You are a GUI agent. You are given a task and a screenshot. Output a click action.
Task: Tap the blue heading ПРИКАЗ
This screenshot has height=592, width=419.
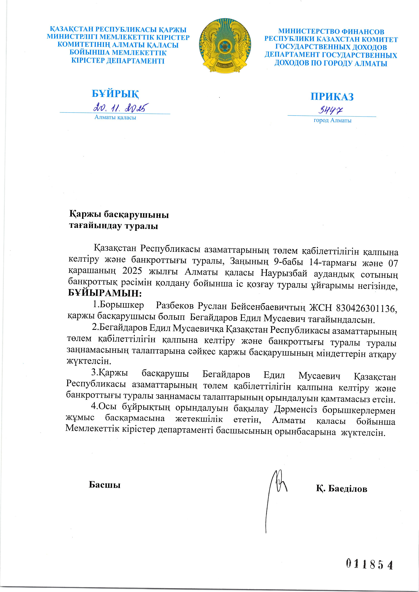[332, 97]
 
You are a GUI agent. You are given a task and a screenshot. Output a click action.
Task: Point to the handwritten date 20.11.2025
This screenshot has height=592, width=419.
[121, 107]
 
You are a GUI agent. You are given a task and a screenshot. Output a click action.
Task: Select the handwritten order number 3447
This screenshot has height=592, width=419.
[330, 111]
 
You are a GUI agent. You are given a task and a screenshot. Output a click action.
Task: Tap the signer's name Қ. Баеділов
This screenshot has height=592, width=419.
[341, 489]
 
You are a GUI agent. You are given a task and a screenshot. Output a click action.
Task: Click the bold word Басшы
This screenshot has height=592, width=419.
[105, 485]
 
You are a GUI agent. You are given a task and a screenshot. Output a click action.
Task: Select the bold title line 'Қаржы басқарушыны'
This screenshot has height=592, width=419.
[119, 214]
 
